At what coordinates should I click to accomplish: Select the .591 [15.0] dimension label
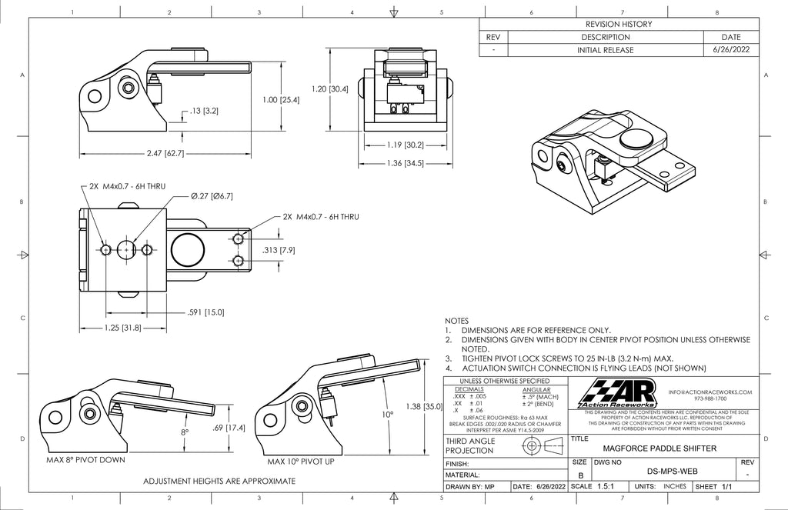coord(205,312)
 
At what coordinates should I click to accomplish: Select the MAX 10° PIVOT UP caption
coord(300,462)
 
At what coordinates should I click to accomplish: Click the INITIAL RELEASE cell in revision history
coord(605,50)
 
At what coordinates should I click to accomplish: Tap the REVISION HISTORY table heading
coord(619,24)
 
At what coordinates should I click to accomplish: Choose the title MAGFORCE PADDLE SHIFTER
coord(659,448)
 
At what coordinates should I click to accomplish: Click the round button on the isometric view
coord(636,139)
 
